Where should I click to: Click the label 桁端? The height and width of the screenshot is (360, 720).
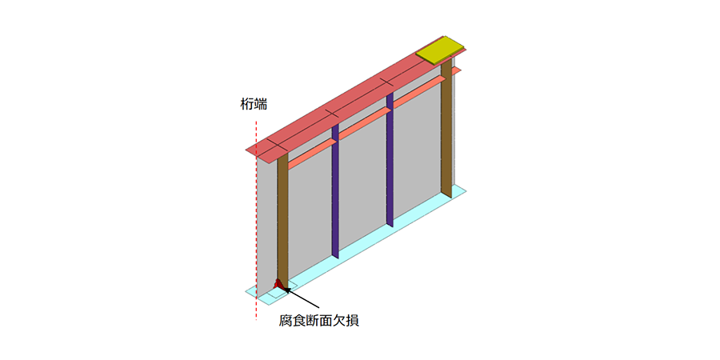[x=254, y=105]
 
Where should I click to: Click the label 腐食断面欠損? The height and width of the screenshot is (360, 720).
[x=318, y=320]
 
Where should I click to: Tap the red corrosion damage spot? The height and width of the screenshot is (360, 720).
[x=278, y=285]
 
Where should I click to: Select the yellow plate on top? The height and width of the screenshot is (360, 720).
[x=440, y=51]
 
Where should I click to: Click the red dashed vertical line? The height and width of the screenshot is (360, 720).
[x=256, y=221]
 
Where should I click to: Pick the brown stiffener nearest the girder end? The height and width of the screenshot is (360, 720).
[x=283, y=221]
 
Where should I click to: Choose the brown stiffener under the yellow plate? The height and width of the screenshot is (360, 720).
[x=446, y=129]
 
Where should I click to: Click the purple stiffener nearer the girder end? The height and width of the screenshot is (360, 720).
[x=335, y=190]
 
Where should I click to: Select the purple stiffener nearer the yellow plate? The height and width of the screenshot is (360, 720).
[x=390, y=159]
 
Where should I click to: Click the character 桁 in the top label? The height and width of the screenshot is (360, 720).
[x=247, y=105]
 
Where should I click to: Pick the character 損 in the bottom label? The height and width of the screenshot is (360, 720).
[x=352, y=320]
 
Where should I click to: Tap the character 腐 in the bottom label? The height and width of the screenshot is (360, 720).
[x=286, y=320]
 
